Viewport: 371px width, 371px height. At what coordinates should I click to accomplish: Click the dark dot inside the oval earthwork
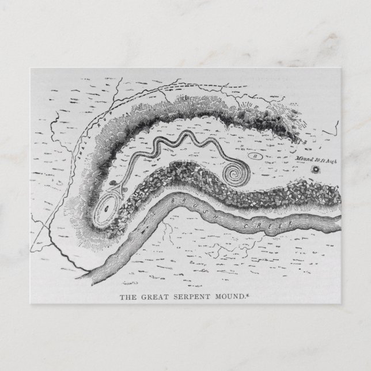[106, 210]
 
